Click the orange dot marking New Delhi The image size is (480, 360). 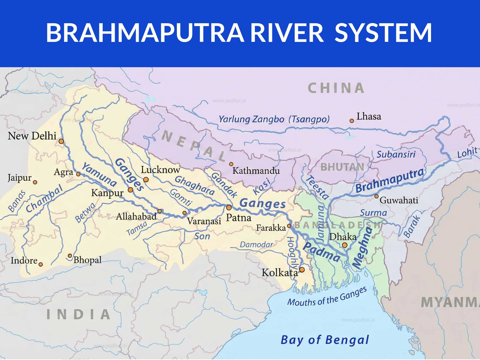click(61, 141)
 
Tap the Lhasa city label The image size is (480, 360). click(369, 116)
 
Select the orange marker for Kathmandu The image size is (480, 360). click(231, 164)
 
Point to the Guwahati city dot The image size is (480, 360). click(377, 196)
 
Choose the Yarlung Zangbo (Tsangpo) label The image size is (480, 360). click(274, 119)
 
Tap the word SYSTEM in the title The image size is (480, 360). click(383, 33)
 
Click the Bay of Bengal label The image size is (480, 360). click(325, 340)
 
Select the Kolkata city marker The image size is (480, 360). click(302, 270)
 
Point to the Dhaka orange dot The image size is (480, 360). click(345, 245)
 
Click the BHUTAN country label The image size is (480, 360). click(342, 167)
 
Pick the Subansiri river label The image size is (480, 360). click(396, 154)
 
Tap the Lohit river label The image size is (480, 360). click(467, 153)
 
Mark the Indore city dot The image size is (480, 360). click(41, 264)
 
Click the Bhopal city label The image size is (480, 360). click(87, 260)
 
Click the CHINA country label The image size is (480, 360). click(336, 88)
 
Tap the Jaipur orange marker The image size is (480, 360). click(35, 182)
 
